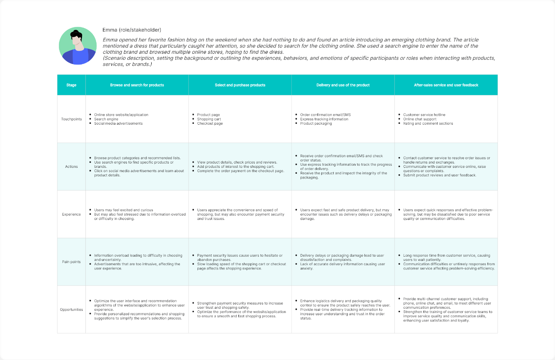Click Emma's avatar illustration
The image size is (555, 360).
coord(77,46)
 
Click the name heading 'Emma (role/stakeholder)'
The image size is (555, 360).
coord(132,30)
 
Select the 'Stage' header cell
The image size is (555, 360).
coord(71,85)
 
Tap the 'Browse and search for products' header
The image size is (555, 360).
coord(137,85)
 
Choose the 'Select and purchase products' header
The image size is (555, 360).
coord(240,85)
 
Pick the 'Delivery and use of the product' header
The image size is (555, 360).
coord(343,85)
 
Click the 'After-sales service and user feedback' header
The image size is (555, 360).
coord(446,85)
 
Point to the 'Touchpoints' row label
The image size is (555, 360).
coord(71,119)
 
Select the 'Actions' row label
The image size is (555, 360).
coord(71,167)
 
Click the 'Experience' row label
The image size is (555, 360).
coord(71,214)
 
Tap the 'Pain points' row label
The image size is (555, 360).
coord(71,262)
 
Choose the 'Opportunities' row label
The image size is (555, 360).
coord(71,310)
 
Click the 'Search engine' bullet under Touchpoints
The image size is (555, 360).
coord(106,119)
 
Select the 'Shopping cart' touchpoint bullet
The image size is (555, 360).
coord(209,119)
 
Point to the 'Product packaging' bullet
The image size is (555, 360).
coord(316,123)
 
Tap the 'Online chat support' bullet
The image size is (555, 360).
coord(420,119)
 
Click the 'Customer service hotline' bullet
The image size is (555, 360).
coord(424,115)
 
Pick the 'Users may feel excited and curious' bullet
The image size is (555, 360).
coord(123,210)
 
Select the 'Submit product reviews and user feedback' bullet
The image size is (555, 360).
coord(439,175)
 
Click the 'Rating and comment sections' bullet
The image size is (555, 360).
coord(428,123)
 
